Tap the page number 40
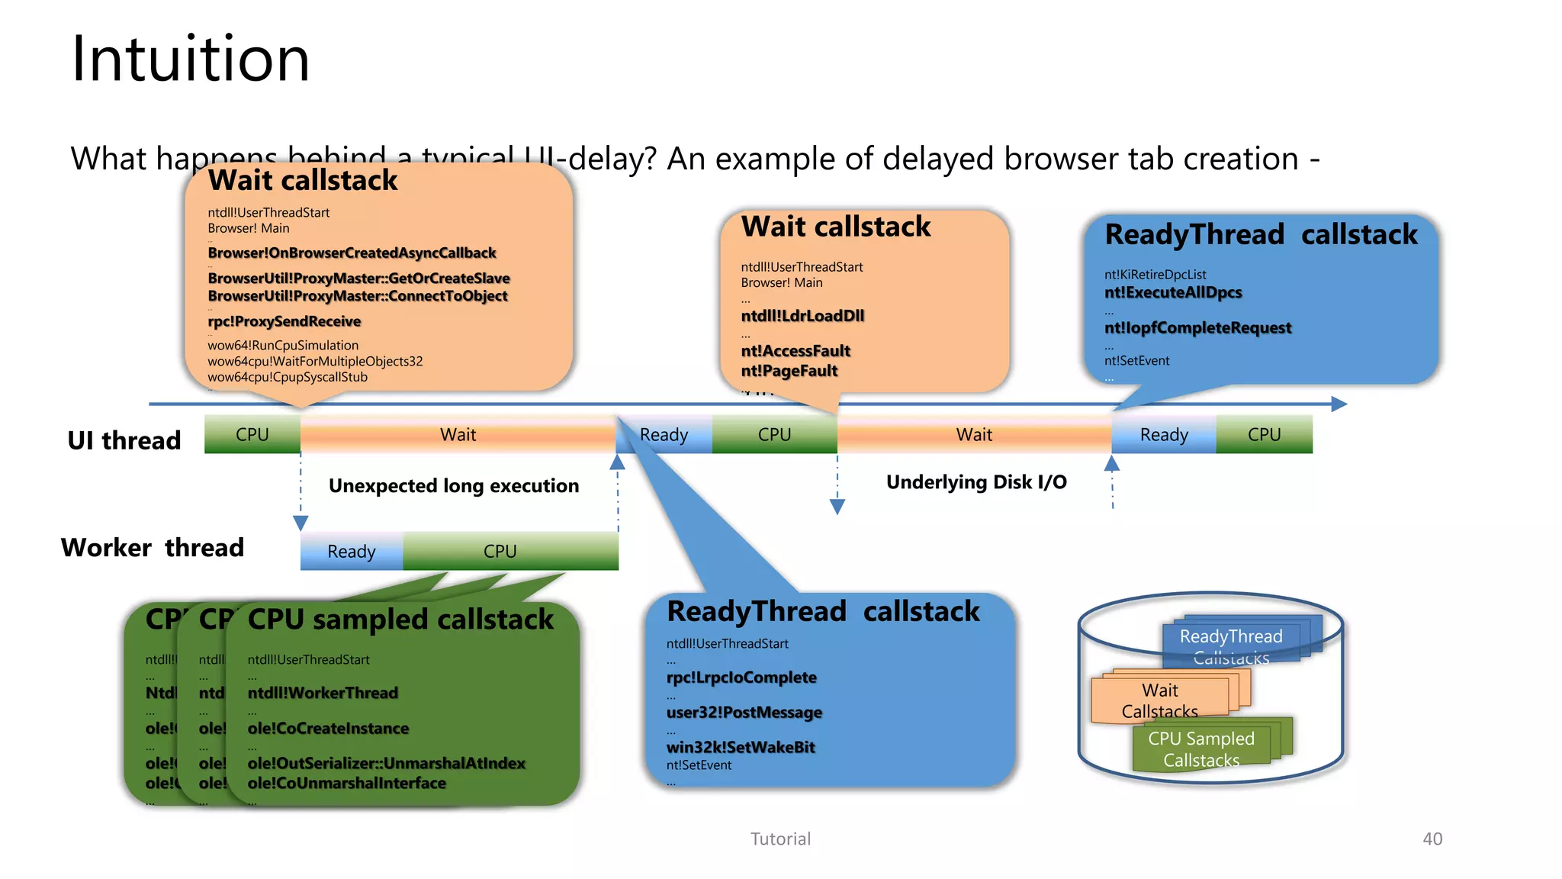tap(1432, 839)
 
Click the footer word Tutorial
tap(780, 839)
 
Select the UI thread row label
tap(124, 440)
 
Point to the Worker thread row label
tap(153, 548)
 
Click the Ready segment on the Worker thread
tap(352, 551)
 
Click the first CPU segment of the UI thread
tap(252, 434)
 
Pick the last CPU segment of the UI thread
tap(1264, 434)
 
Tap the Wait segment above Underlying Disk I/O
tap(974, 434)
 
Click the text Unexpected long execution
tap(454, 486)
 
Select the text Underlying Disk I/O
tap(976, 482)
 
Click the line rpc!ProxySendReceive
tap(284, 321)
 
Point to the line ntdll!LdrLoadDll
tap(802, 316)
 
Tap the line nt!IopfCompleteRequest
tap(1197, 328)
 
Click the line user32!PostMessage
tap(744, 713)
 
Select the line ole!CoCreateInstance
tap(328, 729)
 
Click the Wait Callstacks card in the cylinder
tap(1159, 700)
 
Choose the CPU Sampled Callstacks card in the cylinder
tap(1200, 749)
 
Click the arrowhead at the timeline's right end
tap(1339, 404)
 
